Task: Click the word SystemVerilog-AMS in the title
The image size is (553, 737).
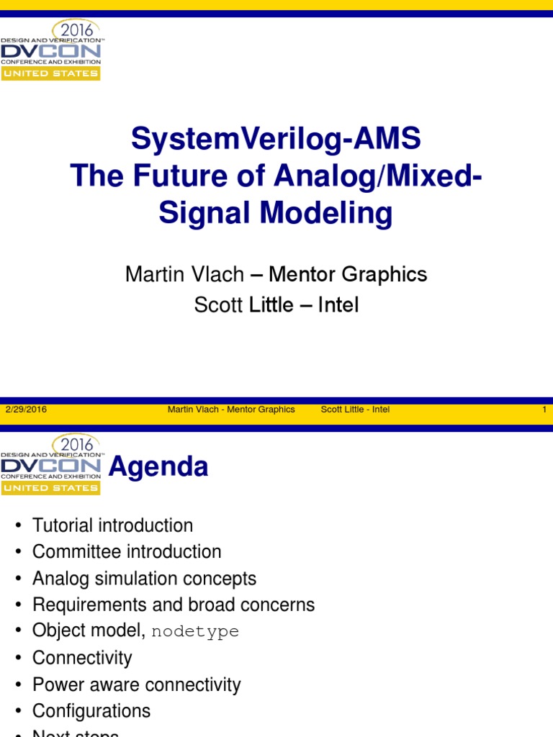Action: [x=276, y=138]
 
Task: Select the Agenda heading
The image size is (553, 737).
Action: [x=158, y=467]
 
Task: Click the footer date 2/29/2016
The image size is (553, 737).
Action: [x=26, y=410]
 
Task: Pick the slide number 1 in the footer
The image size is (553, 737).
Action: [x=544, y=410]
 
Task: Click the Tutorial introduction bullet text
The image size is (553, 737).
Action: [x=112, y=525]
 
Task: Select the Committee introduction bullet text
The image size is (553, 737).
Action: [x=127, y=552]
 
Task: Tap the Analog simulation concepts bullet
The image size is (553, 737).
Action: [x=144, y=579]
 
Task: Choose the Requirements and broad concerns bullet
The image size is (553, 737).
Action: [x=174, y=605]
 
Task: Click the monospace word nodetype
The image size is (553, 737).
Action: [x=195, y=632]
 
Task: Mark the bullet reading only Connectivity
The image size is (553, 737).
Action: [x=82, y=658]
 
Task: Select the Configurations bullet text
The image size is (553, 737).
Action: [x=91, y=711]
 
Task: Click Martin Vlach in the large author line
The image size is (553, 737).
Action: [x=184, y=274]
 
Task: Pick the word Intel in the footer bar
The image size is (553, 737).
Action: [x=381, y=410]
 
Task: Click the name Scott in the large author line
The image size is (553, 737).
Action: [x=218, y=305]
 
